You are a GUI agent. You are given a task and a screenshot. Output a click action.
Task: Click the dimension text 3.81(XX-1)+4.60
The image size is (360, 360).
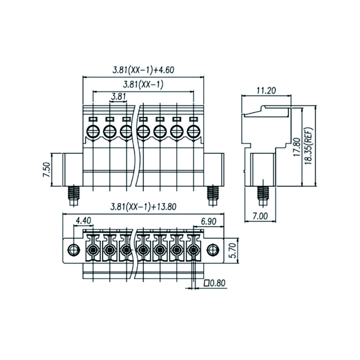pos(143,70)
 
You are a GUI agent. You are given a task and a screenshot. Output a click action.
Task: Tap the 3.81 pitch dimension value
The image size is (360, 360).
pos(118,97)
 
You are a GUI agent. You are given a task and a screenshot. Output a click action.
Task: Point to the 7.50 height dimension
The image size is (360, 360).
pos(46,170)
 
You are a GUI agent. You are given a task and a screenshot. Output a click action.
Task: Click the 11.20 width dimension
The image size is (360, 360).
pos(266,90)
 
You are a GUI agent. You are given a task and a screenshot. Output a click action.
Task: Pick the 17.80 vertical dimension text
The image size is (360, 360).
pos(297,147)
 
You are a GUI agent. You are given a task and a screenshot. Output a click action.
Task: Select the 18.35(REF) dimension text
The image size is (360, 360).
pos(309,145)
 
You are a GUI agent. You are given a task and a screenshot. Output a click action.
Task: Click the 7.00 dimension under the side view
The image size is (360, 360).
pos(260,216)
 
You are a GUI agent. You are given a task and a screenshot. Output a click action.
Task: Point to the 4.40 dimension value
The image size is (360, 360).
pos(84,221)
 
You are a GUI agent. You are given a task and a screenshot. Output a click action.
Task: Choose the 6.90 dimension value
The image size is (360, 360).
pos(208,221)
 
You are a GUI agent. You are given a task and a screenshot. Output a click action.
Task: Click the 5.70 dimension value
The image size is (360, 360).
pos(233,251)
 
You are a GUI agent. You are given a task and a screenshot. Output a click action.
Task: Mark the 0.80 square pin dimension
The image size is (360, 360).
pos(215,283)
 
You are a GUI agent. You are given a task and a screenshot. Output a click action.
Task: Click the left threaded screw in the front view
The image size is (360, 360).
pos(73,195)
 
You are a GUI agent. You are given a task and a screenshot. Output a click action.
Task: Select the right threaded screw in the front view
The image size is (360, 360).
pos(213,195)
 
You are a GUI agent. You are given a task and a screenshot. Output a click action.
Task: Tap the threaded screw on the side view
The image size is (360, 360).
pos(263,195)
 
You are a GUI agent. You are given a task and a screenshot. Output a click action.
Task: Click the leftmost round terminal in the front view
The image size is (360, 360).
pos(93,131)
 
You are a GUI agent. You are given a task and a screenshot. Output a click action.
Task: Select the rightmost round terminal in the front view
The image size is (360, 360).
pos(194,131)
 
